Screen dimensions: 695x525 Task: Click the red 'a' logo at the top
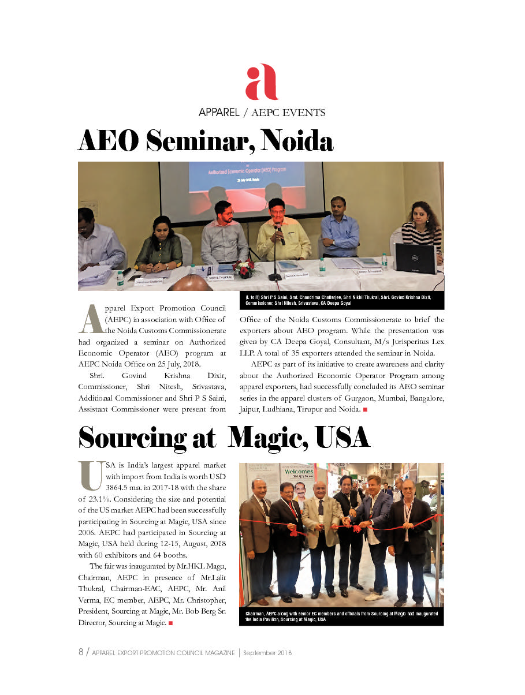click(262, 83)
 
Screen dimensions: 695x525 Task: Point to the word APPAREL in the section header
click(218, 113)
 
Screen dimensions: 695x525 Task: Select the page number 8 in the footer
click(81, 652)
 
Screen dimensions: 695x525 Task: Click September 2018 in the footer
click(267, 653)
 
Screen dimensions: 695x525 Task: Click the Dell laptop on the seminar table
click(415, 258)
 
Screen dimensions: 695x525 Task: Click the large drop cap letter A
click(91, 319)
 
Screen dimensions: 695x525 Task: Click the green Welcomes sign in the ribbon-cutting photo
click(298, 471)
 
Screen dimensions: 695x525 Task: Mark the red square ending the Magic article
click(171, 623)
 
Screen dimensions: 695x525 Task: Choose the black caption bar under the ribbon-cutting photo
click(341, 616)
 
